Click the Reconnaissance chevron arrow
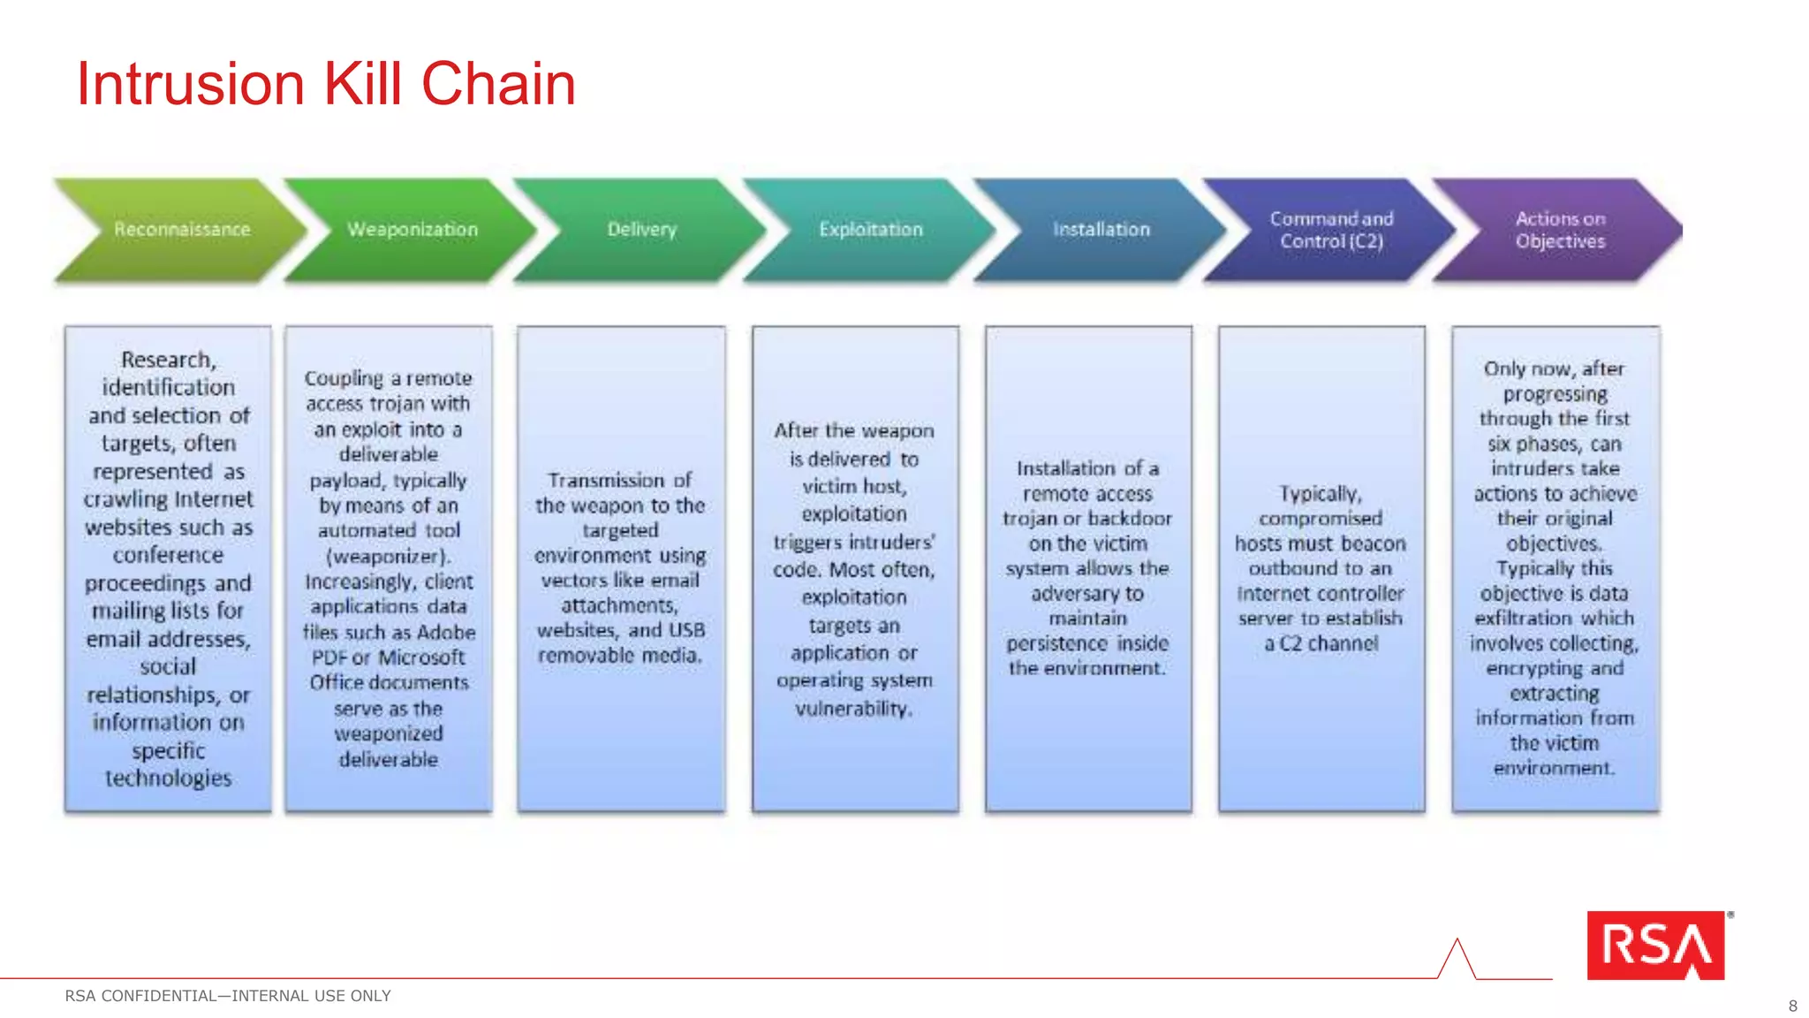click(181, 230)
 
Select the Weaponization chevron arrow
click(412, 230)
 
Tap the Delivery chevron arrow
click(641, 230)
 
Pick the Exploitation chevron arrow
click(870, 230)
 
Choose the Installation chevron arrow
click(1101, 230)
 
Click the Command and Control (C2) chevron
click(1331, 230)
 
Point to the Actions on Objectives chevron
click(1560, 230)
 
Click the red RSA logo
click(1655, 946)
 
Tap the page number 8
click(1792, 1006)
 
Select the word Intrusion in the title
click(191, 85)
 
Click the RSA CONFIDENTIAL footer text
click(228, 996)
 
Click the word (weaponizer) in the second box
click(389, 556)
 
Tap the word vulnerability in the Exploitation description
click(853, 709)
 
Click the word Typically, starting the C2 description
click(1321, 493)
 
